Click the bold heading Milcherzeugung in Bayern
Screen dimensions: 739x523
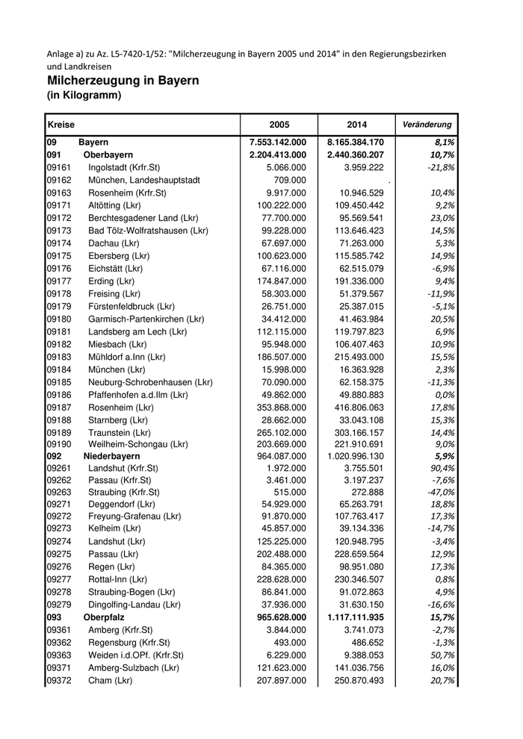tap(123, 81)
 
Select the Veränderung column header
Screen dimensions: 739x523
tap(427, 124)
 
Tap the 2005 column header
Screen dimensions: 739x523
tap(279, 124)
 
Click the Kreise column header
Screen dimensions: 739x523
tap(61, 124)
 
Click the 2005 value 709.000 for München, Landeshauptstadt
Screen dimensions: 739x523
tap(289, 180)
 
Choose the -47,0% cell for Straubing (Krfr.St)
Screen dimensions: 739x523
tap(440, 493)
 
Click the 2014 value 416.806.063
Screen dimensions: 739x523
tap(355, 408)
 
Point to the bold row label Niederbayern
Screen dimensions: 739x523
tap(112, 455)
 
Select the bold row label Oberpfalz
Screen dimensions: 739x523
tap(104, 617)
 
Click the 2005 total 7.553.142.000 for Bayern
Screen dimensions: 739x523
tap(278, 142)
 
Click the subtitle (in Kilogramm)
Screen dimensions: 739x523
tap(84, 96)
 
